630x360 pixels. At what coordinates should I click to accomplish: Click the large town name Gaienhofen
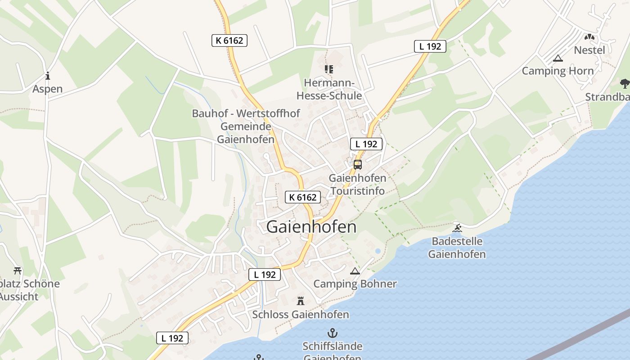pos(311,227)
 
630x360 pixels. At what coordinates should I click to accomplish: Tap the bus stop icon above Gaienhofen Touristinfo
pos(358,165)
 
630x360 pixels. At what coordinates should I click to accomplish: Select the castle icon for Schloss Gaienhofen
pos(301,301)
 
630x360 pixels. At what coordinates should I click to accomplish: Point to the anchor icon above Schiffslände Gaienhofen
pos(332,333)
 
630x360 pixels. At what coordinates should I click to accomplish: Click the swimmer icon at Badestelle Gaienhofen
pos(457,228)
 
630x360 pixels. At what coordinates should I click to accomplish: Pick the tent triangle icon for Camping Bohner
pos(355,271)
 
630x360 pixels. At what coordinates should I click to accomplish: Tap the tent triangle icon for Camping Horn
pos(558,58)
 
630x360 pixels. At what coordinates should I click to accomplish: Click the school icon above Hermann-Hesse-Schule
pos(329,69)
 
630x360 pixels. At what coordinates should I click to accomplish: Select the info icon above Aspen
pos(47,76)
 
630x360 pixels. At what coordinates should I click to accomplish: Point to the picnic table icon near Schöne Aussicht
pos(18,270)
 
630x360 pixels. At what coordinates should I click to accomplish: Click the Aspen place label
pos(47,89)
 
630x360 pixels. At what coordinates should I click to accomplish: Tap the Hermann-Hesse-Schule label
pos(329,89)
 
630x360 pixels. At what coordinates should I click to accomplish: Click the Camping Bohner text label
pos(355,284)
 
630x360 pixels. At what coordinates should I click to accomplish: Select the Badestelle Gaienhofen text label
pos(457,247)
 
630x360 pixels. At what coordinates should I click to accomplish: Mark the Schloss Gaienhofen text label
pos(301,314)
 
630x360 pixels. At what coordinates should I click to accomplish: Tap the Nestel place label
pos(589,50)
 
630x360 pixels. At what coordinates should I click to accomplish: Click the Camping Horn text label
pos(558,71)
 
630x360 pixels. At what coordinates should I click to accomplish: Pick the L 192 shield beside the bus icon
pos(366,144)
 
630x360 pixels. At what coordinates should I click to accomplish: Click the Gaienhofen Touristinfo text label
pos(358,184)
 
